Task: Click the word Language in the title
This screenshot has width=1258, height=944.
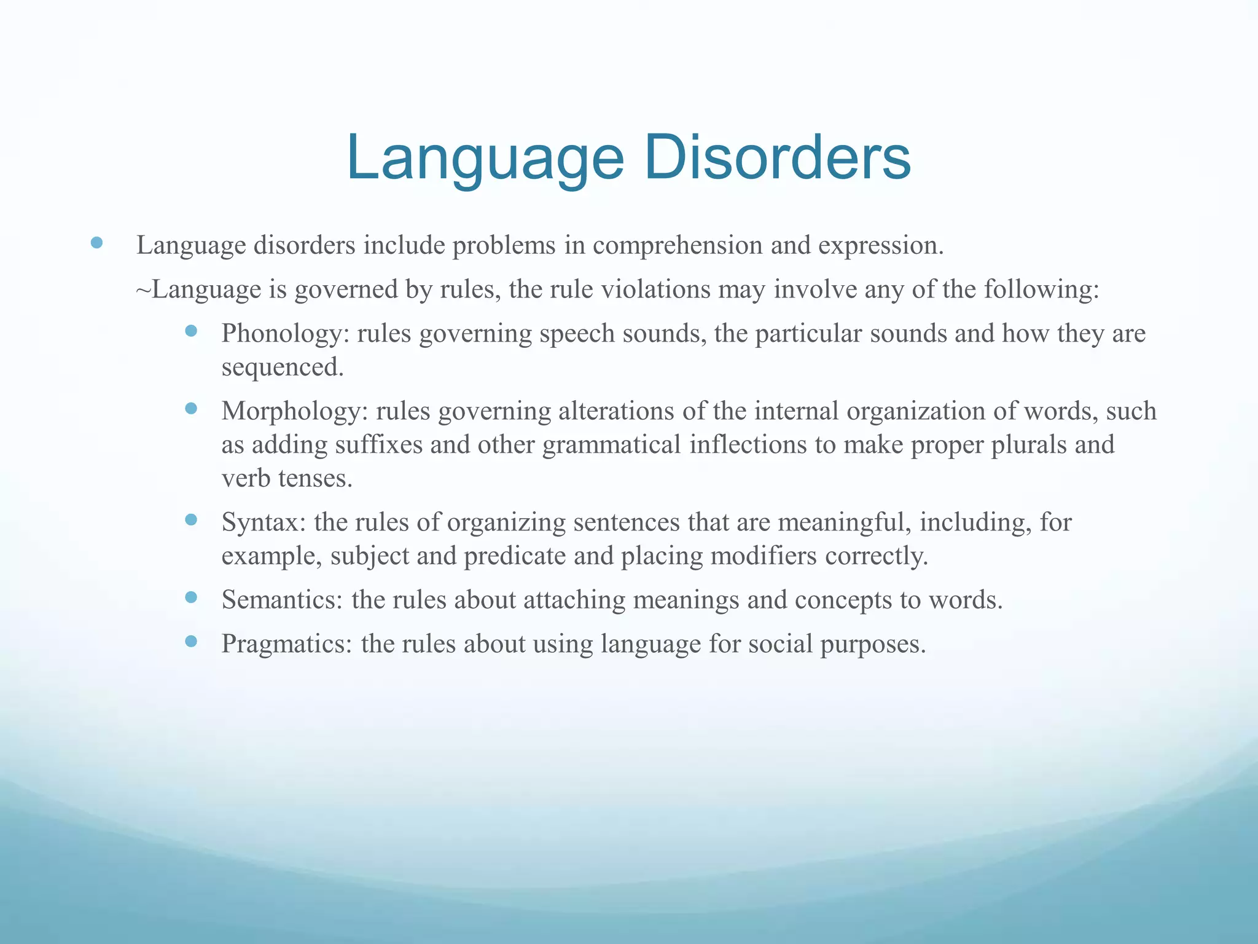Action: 485,159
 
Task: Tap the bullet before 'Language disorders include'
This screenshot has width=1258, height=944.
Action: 96,243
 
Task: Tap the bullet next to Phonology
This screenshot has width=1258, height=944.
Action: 191,331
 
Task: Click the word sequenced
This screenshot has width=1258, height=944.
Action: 281,368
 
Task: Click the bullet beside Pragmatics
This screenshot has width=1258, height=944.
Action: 191,642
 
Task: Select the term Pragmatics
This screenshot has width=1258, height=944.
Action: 286,644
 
